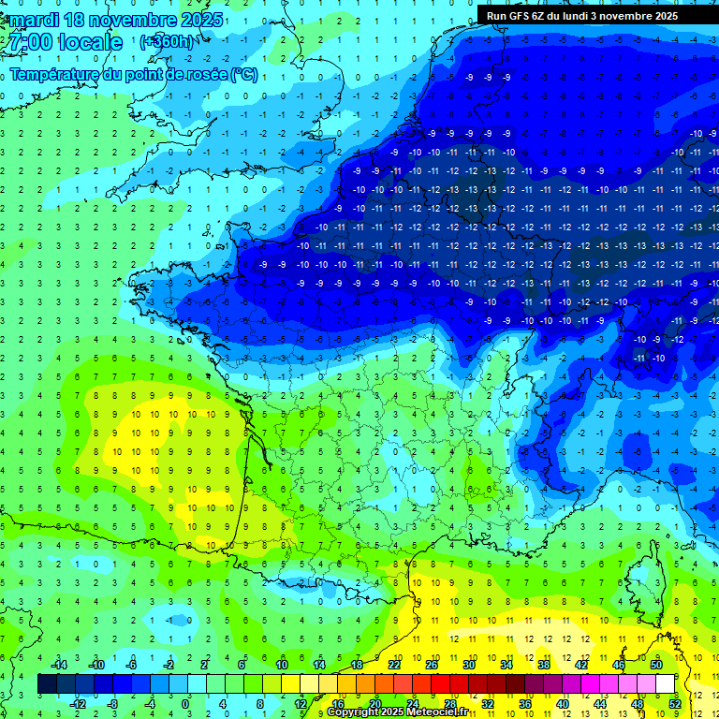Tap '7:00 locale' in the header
[x=64, y=42]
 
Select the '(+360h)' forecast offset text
[x=167, y=42]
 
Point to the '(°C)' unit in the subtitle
[x=242, y=74]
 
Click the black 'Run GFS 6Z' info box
[x=596, y=15]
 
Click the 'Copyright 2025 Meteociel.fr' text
[x=397, y=712]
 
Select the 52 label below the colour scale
[x=675, y=703]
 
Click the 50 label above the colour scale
[x=656, y=665]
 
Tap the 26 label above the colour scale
[x=432, y=665]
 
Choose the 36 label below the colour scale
[x=525, y=703]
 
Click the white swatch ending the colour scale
[x=666, y=683]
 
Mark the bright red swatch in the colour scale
[x=441, y=683]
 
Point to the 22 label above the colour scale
[x=394, y=665]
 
